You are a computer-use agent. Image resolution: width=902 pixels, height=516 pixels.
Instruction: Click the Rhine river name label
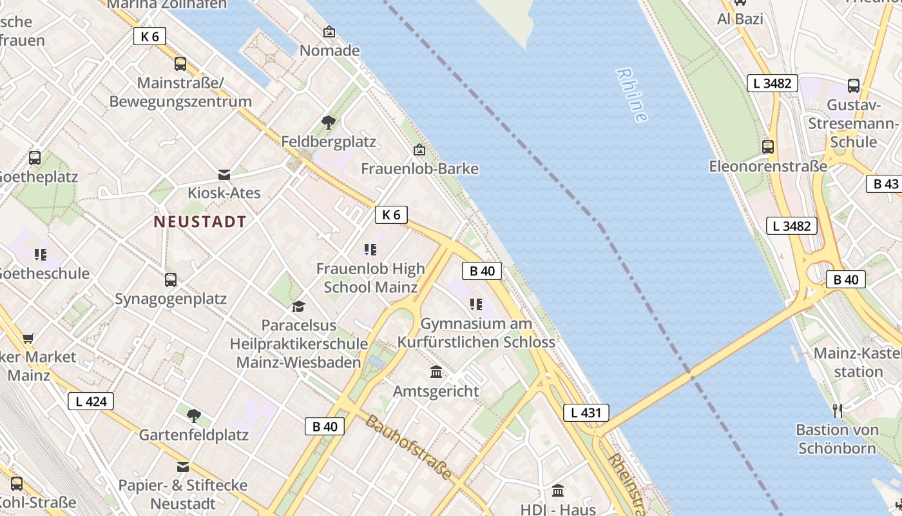click(x=631, y=95)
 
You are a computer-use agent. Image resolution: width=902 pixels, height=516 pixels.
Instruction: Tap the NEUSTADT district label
click(x=200, y=222)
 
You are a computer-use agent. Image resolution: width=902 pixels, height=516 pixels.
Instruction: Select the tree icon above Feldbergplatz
click(x=329, y=122)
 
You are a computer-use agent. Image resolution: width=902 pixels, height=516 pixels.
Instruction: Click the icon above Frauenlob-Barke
click(x=419, y=150)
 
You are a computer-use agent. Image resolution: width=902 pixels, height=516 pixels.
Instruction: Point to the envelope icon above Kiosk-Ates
click(x=224, y=174)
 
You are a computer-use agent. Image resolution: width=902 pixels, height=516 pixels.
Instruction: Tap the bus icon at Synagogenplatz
click(x=171, y=280)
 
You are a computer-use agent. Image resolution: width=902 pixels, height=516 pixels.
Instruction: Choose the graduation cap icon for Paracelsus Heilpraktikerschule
click(x=298, y=306)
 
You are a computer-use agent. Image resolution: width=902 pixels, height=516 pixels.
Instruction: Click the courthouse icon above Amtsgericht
click(x=436, y=372)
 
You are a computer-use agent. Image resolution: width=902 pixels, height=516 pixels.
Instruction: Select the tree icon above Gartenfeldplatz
click(x=193, y=416)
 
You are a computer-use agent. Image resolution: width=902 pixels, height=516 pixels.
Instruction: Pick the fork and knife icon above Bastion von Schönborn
click(x=837, y=410)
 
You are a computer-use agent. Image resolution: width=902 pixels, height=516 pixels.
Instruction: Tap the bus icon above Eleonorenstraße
click(x=768, y=147)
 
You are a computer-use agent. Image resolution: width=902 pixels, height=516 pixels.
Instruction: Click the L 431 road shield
click(x=586, y=413)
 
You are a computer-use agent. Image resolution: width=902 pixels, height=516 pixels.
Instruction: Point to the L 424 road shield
click(x=91, y=401)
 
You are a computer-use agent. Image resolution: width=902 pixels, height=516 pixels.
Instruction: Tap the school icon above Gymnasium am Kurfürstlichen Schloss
click(x=476, y=304)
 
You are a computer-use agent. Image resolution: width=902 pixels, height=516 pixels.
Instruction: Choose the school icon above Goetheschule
click(x=41, y=255)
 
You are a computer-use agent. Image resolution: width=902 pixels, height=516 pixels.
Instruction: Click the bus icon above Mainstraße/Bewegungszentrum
click(x=180, y=64)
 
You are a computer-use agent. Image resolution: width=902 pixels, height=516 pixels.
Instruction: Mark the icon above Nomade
click(x=329, y=31)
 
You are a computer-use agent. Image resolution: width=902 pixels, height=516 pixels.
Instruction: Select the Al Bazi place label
click(x=740, y=19)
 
